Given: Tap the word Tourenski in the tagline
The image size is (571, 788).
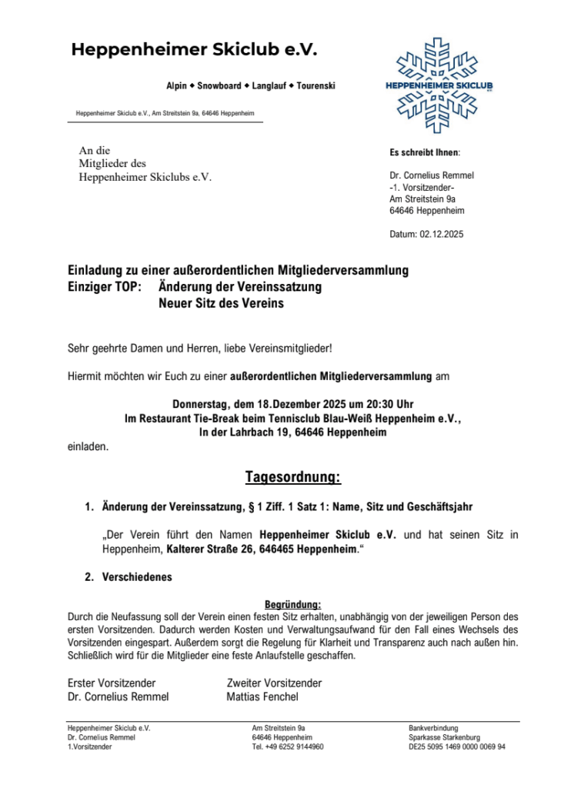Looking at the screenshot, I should tap(316, 85).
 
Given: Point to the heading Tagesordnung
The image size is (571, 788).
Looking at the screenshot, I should tap(292, 478).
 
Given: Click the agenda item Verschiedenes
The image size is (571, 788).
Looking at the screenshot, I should tap(137, 577).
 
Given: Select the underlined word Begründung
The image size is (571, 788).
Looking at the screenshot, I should tap(292, 604).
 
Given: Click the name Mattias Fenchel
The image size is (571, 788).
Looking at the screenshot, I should tap(262, 697).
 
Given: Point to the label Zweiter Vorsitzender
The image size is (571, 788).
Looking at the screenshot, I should tap(274, 683).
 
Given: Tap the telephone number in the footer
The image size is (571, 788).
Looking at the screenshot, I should tap(288, 746).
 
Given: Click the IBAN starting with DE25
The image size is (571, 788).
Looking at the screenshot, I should tap(457, 746).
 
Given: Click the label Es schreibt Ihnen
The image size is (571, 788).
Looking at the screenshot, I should tap(425, 152).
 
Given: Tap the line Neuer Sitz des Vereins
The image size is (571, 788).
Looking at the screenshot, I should tap(221, 304).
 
